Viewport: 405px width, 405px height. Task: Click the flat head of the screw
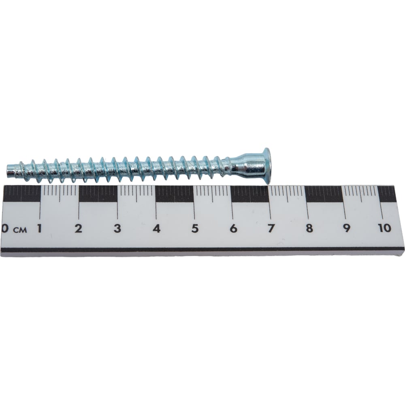pos(267,166)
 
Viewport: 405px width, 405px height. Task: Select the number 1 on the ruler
pos(39,228)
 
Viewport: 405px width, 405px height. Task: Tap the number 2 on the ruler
pos(78,228)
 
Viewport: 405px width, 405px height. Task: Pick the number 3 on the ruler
pos(117,228)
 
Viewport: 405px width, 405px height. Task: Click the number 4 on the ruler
pos(156,228)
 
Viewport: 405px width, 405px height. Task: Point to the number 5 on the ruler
pos(195,228)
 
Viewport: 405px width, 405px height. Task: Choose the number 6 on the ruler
pos(234,228)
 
